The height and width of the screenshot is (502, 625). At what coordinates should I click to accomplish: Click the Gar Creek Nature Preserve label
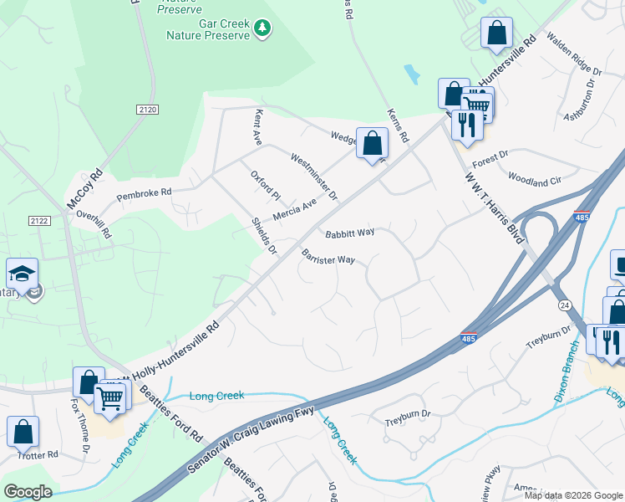tap(208, 29)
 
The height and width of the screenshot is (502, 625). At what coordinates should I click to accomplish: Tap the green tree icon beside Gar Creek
tap(263, 29)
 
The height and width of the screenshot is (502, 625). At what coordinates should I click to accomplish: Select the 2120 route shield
tap(146, 110)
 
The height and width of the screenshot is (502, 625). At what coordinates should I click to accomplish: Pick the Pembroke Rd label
tap(143, 193)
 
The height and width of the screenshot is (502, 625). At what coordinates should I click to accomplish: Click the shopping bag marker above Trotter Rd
tap(23, 431)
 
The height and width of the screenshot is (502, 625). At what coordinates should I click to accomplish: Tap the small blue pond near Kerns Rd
tap(411, 74)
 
